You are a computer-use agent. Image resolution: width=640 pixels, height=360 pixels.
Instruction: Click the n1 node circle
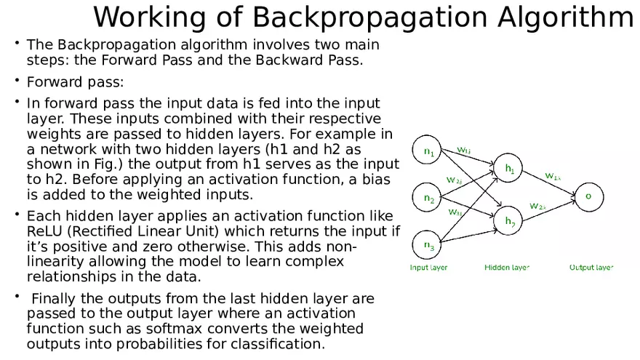[430, 153]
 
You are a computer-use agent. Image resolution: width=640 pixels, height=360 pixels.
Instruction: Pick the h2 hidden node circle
[510, 220]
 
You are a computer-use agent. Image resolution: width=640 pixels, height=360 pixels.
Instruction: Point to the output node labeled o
[588, 195]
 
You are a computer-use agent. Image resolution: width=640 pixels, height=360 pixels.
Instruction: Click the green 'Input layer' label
[429, 268]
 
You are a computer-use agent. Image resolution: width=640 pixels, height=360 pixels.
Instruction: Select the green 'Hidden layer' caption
[507, 268]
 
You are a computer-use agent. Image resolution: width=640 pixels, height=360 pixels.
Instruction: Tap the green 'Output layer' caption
[591, 268]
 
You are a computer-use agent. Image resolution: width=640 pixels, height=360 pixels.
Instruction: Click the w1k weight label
[553, 175]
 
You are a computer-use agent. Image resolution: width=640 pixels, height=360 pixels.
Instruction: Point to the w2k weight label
[538, 206]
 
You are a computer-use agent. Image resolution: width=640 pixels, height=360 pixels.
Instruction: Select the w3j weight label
[455, 212]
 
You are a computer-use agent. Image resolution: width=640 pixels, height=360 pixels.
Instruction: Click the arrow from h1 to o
[549, 183]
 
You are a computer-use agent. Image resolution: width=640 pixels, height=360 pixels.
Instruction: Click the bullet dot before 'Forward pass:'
[17, 79]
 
